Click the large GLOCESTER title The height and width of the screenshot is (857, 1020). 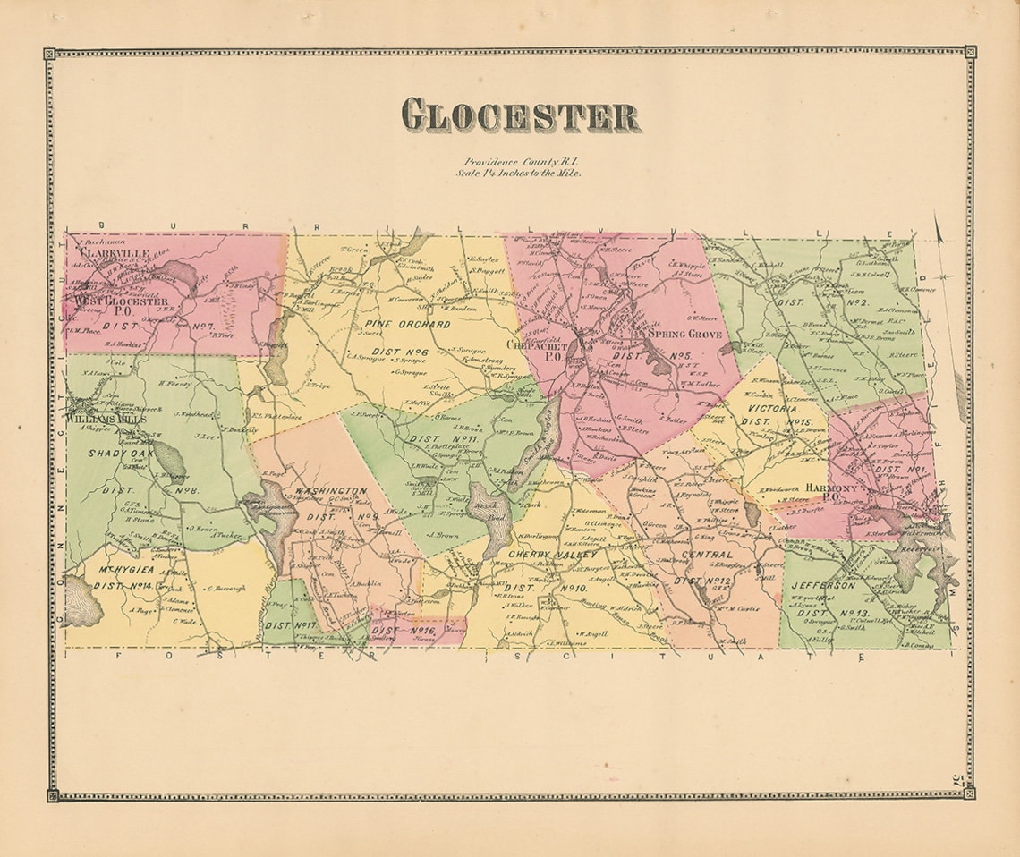(x=520, y=115)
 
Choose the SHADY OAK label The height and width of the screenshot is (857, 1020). (x=120, y=454)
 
